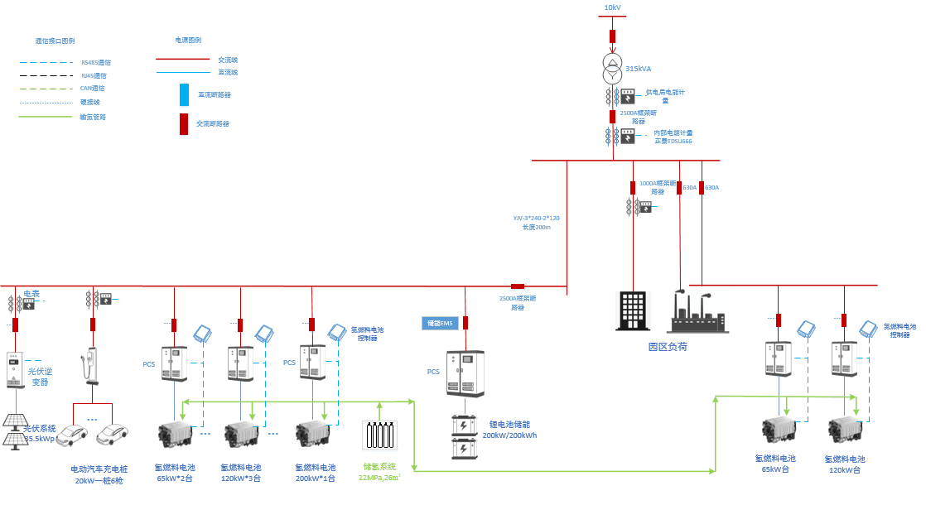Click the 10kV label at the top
tap(612, 7)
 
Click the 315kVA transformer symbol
tap(612, 70)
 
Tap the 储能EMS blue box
tap(440, 323)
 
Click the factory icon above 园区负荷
tap(697, 313)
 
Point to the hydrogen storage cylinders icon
tap(380, 435)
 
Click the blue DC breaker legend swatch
tap(184, 94)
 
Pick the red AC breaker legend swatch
tap(184, 123)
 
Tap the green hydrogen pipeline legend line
tap(46, 117)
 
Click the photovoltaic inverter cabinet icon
tap(16, 369)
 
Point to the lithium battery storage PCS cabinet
tap(465, 373)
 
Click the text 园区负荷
tap(667, 346)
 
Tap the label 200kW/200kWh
tap(509, 435)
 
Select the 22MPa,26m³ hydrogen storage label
tap(379, 478)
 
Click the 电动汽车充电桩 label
tap(99, 469)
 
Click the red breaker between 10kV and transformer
tap(612, 36)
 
